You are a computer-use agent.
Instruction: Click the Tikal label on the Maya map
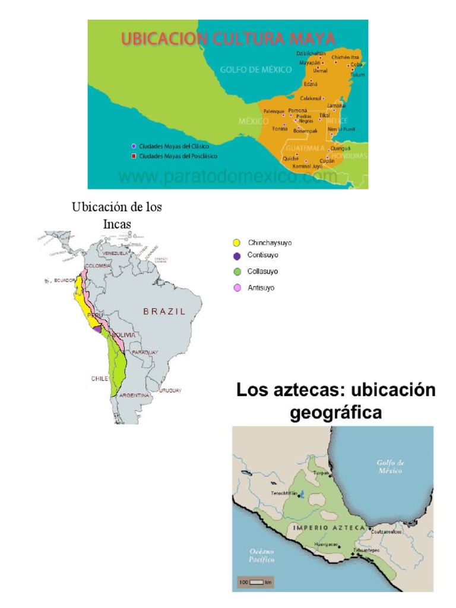pos(324,115)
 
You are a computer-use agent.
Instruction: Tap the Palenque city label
pos(274,111)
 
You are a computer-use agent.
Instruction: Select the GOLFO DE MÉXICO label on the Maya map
pos(256,69)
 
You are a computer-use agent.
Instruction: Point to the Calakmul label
pos(311,98)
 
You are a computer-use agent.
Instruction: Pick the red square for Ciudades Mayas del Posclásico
pos(134,156)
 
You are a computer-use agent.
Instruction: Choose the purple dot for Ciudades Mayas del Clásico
pos(134,146)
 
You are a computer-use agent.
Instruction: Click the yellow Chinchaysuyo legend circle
pos(236,243)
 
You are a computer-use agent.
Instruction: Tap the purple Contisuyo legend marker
pos(236,256)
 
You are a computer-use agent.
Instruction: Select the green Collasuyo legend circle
pos(236,272)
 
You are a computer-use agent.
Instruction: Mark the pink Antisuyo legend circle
pos(236,288)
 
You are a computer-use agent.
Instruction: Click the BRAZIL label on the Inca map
pos(163,311)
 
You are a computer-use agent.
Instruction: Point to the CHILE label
pos(99,378)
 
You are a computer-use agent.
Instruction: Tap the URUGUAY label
pos(170,391)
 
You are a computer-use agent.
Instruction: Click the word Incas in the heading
pos(116,223)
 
